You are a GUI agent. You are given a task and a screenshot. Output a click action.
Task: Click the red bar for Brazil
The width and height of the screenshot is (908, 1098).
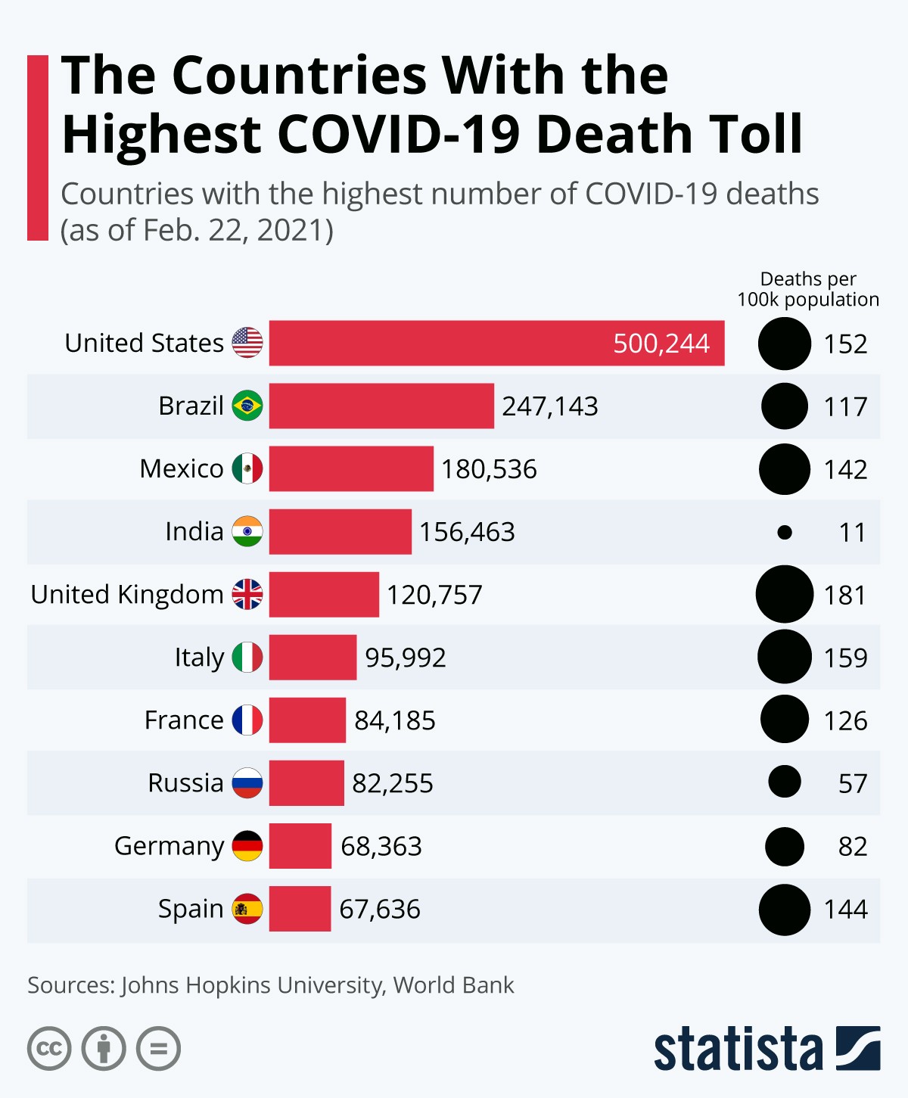[x=381, y=406]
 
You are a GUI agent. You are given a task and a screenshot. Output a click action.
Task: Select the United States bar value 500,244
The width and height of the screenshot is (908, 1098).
[x=661, y=344]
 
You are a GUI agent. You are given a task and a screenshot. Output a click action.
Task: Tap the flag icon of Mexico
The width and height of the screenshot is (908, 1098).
[x=247, y=468]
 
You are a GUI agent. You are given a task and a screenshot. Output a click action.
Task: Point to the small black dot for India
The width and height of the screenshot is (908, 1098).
[x=785, y=533]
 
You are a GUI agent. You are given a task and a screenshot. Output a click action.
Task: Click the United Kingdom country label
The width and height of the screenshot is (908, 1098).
[x=126, y=595]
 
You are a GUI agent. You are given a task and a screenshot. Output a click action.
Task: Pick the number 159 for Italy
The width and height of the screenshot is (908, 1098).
[x=845, y=658]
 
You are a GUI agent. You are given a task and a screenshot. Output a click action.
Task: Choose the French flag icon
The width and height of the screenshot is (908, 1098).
[x=247, y=720]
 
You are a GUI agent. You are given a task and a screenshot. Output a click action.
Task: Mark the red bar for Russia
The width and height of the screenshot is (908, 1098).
[x=306, y=782]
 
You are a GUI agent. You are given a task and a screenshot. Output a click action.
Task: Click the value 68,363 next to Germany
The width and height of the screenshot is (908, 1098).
[x=381, y=846]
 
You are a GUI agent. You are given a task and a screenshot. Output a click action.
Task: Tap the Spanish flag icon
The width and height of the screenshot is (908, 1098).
[x=247, y=908]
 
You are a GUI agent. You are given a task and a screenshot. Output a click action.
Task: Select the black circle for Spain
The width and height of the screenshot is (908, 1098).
[x=785, y=910]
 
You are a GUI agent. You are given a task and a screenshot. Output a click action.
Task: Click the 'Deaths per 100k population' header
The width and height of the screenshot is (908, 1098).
[x=808, y=290]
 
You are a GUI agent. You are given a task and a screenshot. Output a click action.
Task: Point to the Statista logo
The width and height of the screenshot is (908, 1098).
[x=767, y=1049]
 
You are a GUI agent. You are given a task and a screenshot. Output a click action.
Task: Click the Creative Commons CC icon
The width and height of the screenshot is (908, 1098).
[x=49, y=1049]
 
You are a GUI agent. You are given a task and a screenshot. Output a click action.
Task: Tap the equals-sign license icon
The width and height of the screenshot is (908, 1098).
[x=159, y=1049]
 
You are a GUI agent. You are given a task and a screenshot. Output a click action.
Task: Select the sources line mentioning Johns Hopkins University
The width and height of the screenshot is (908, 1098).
[x=270, y=985]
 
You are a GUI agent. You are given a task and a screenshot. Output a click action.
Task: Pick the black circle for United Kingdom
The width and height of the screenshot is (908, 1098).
[x=785, y=594]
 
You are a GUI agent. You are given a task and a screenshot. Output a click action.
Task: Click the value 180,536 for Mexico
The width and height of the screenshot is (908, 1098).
[x=489, y=469]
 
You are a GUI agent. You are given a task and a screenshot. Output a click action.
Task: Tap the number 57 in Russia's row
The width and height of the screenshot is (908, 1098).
[x=852, y=783]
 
